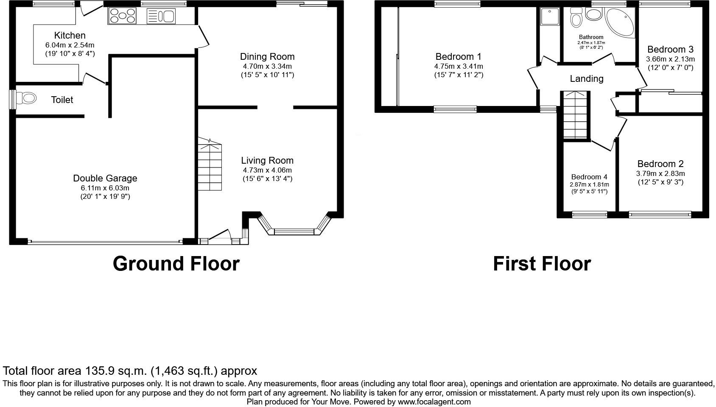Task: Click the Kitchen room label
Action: pyautogui.click(x=70, y=36)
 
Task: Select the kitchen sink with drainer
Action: pyautogui.click(x=161, y=16)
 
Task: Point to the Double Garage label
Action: pyautogui.click(x=105, y=178)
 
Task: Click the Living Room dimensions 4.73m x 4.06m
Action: pyautogui.click(x=267, y=170)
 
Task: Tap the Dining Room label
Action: pyautogui.click(x=267, y=57)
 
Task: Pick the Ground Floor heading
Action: pyautogui.click(x=176, y=264)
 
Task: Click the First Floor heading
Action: pyautogui.click(x=542, y=264)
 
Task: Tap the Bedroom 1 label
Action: pyautogui.click(x=459, y=57)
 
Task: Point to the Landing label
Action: pyautogui.click(x=586, y=79)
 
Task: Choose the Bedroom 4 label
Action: pyautogui.click(x=589, y=177)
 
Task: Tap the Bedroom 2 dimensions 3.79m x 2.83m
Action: pyautogui.click(x=660, y=173)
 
